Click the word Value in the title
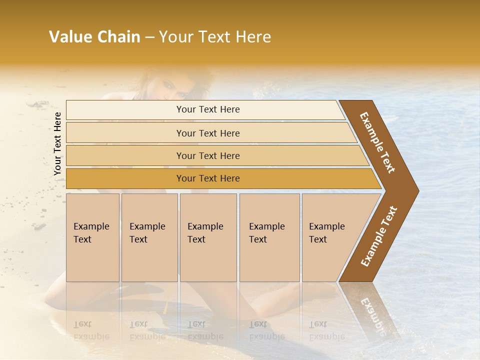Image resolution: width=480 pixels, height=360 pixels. [x=69, y=37]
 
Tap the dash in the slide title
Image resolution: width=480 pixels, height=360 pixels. [x=149, y=37]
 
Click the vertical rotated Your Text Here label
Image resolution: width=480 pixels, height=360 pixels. [x=57, y=143]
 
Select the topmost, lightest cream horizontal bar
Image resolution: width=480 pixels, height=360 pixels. [x=205, y=109]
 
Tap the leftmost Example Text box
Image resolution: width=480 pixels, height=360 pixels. [x=92, y=237]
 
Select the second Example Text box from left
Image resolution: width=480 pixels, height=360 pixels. [x=149, y=237]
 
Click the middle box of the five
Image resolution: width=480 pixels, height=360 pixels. [x=208, y=237]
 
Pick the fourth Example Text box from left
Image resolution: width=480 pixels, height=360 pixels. [x=269, y=237]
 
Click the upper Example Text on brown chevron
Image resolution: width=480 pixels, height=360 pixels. [x=377, y=142]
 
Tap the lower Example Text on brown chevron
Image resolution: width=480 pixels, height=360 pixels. [x=379, y=236]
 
